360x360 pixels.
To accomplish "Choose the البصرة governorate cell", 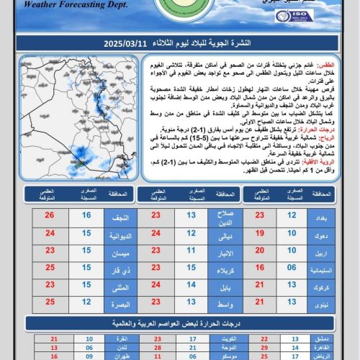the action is click(x=121, y=302).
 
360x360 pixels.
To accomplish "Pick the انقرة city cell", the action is click(x=122, y=338).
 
